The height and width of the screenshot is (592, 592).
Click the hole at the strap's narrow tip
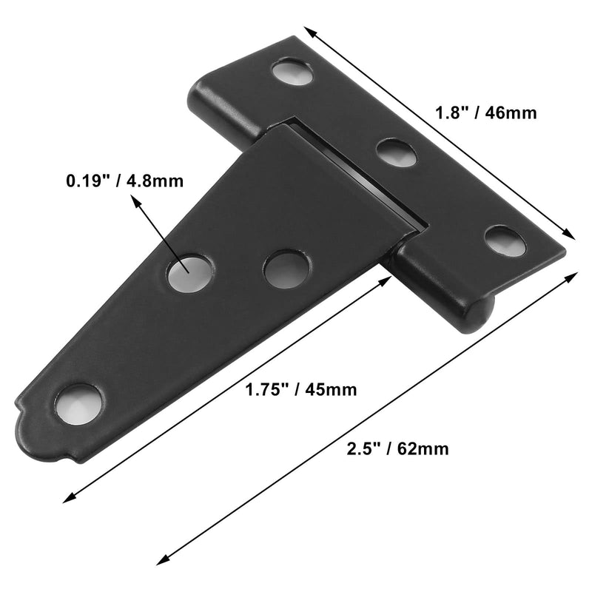[78, 404]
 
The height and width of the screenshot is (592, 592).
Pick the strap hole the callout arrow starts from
[188, 273]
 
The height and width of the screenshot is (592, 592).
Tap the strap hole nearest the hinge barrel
[286, 269]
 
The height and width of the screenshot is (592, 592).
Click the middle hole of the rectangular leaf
[397, 152]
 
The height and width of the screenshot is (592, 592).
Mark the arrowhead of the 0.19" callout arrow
[134, 200]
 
